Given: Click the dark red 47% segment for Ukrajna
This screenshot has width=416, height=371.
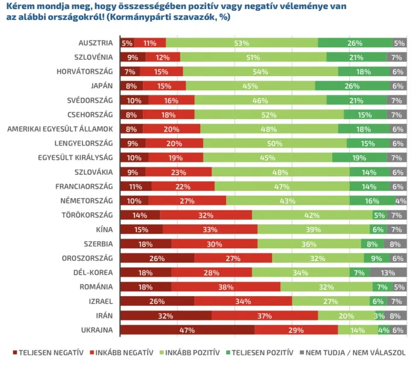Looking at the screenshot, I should click(187, 329).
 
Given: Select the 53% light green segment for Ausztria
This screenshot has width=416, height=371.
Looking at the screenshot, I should click(242, 43).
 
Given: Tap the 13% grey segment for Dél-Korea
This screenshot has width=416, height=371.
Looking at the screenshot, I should click(388, 272).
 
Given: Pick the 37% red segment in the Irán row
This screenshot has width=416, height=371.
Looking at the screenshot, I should click(265, 315).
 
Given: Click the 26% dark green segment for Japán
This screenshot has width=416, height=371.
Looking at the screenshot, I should click(351, 86).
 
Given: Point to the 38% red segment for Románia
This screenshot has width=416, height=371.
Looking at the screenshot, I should click(225, 286).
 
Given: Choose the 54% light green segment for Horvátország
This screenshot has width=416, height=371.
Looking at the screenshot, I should click(260, 71).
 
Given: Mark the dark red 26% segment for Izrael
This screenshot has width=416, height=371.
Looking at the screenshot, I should click(157, 301).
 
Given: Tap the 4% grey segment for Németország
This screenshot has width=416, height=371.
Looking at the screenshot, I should click(401, 201).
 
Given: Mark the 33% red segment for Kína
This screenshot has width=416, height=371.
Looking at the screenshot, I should click(210, 229).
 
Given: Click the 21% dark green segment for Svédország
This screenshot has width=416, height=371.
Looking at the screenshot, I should click(356, 100).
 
